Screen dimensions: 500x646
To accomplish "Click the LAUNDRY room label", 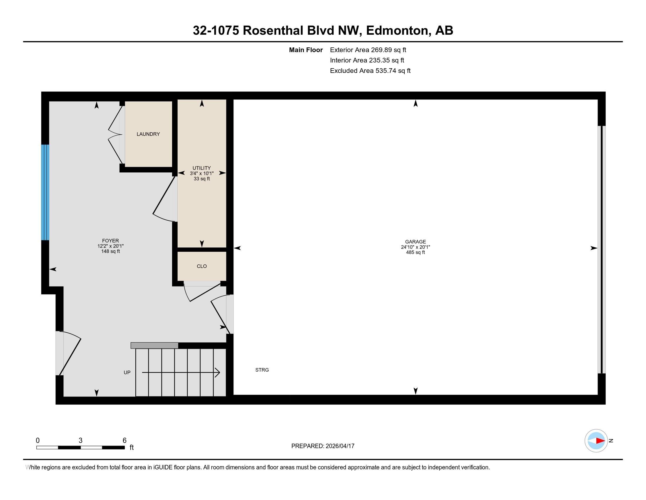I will tap(148, 134).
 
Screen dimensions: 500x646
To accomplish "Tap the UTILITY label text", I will tap(201, 168).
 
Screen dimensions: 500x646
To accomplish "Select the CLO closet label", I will tap(201, 266).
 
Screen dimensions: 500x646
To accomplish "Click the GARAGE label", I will tap(415, 242).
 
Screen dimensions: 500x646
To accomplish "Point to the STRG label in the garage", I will tap(262, 370).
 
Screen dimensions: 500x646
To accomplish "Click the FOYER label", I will tap(110, 241).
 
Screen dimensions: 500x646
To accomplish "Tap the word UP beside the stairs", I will tap(127, 373).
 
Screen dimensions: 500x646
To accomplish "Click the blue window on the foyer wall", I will tap(45, 192).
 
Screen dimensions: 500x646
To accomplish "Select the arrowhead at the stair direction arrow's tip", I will tap(217, 373).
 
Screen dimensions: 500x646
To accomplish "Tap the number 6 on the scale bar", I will tap(125, 441).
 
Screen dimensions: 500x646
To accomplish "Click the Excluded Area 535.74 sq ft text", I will tap(370, 71).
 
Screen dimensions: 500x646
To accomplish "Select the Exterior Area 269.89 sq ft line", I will tap(368, 50).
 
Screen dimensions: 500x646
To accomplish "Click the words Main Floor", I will tap(306, 50).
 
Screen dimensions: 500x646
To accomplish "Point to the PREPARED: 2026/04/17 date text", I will tap(323, 446).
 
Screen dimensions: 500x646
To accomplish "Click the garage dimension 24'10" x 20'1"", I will tap(415, 247).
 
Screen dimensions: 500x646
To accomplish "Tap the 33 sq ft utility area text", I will tap(201, 179).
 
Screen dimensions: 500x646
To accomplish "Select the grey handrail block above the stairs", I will tap(154, 345).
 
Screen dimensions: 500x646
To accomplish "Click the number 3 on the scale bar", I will tap(80, 441).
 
